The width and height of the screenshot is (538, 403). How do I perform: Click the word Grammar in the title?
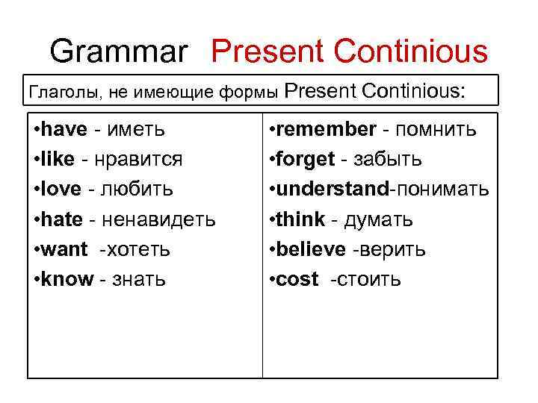coord(119,52)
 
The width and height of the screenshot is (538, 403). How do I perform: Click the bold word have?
coord(64,129)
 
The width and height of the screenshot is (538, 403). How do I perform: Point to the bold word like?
coord(59,159)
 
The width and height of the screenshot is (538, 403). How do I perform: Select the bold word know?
coord(67,279)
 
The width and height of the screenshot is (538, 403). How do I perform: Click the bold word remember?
coord(326,129)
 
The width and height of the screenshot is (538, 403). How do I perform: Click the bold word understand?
coord(332,189)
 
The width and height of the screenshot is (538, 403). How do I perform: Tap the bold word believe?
coord(311,249)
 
